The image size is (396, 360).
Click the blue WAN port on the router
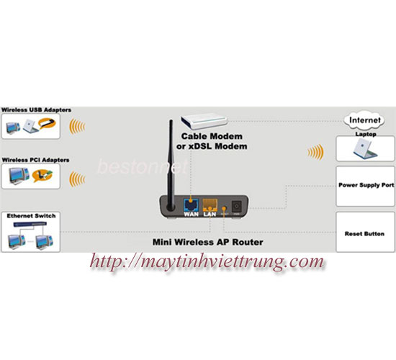(191, 205)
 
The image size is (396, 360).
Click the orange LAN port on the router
(210, 205)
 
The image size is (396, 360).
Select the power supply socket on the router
(237, 206)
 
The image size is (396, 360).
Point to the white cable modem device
(204, 121)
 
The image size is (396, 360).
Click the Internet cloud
(365, 120)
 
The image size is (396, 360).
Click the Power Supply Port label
(366, 185)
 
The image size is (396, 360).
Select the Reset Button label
(364, 234)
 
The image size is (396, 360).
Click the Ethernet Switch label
(31, 216)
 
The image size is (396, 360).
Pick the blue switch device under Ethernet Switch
(30, 224)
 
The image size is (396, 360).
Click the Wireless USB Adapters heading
(36, 110)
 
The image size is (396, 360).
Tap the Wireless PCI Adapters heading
(35, 160)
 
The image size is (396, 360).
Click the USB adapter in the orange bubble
(47, 124)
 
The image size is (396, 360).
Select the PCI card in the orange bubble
(42, 176)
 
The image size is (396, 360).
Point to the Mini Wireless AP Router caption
(208, 242)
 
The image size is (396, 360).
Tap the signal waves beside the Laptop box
(315, 152)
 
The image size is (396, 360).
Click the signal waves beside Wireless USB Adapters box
(77, 126)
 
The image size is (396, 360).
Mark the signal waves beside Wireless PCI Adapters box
(77, 179)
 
